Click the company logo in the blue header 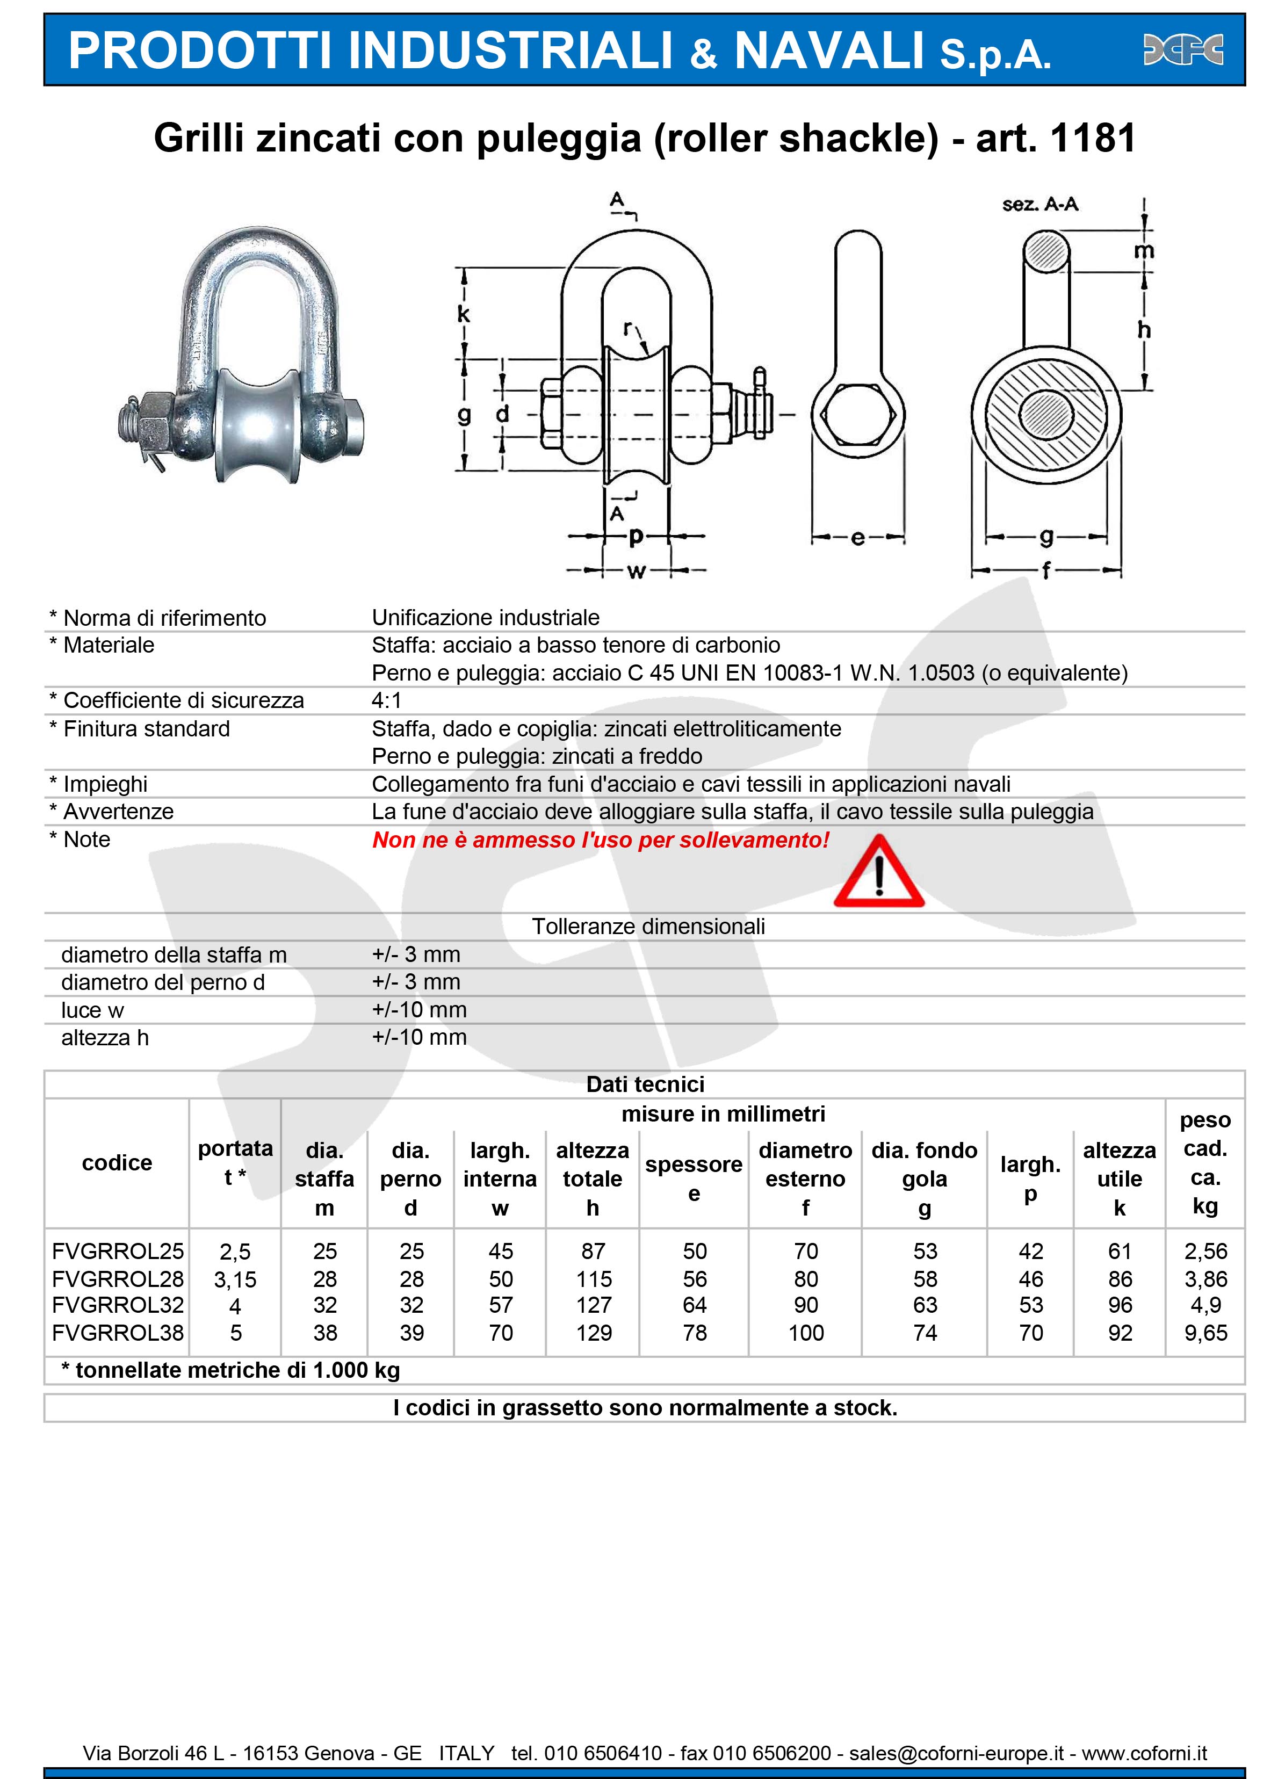click(x=1183, y=50)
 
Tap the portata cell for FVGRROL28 click(x=235, y=1279)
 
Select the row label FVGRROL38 click(x=118, y=1333)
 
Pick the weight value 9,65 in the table click(x=1205, y=1333)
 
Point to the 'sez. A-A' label click(x=1040, y=205)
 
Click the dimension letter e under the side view click(x=857, y=538)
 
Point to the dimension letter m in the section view click(x=1144, y=251)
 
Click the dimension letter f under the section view click(x=1046, y=570)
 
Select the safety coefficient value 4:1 click(x=386, y=700)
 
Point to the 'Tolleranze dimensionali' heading click(x=648, y=927)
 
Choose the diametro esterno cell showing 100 click(x=806, y=1333)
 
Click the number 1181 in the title click(x=1093, y=138)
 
